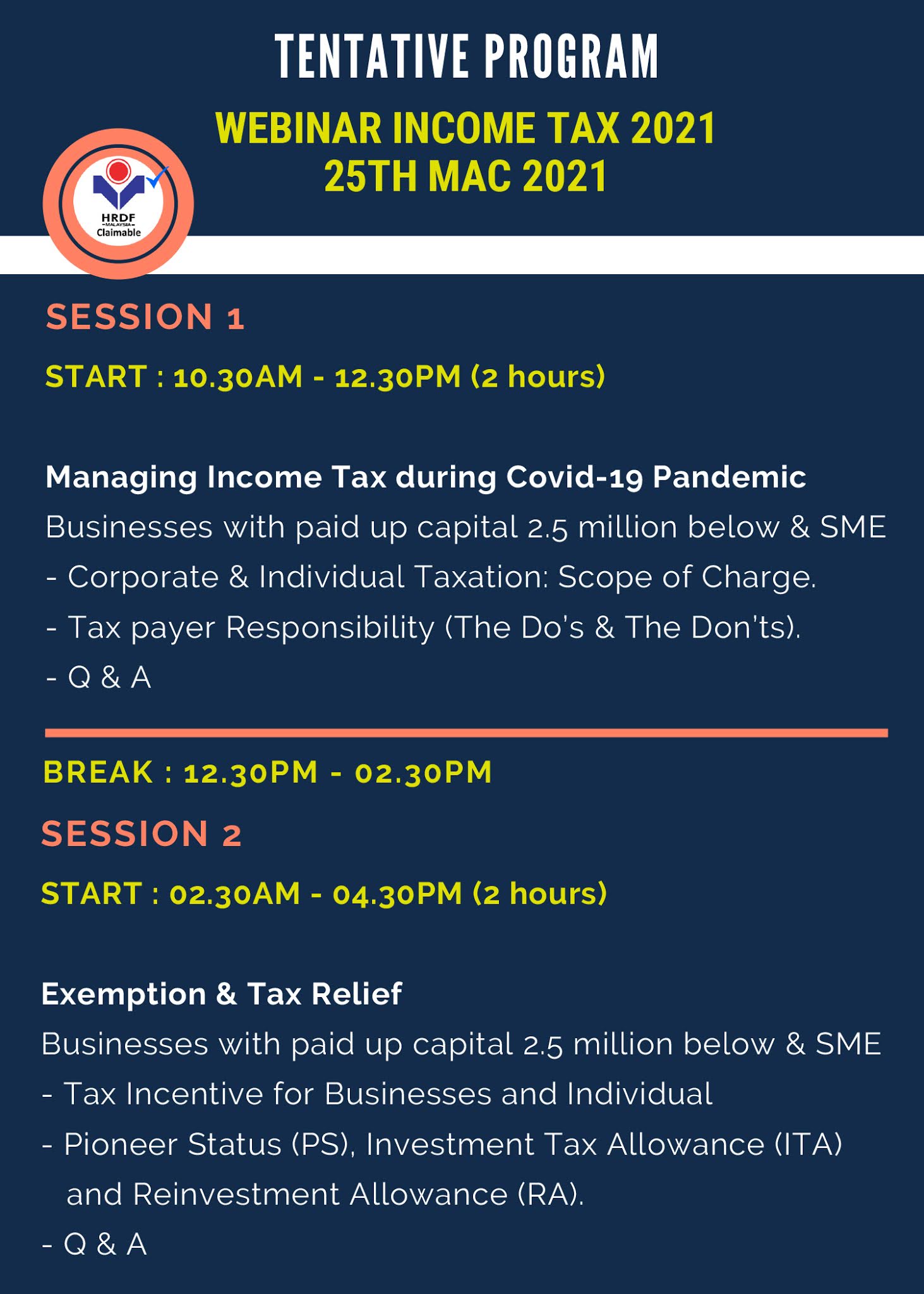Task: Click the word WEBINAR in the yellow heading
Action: tap(298, 128)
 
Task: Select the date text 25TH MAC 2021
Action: tap(465, 176)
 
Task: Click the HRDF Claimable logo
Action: tap(118, 203)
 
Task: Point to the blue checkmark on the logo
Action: tap(158, 177)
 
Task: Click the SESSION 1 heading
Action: tap(145, 317)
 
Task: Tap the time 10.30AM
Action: tap(237, 377)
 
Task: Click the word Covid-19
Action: tap(574, 477)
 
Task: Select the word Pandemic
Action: tap(729, 477)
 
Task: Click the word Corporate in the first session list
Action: tap(143, 577)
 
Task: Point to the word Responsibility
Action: tap(330, 627)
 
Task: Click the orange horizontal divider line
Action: tap(465, 733)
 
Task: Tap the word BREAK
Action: tap(98, 773)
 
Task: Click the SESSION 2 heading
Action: tap(141, 833)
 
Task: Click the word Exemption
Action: tap(123, 994)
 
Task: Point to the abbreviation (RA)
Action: tap(550, 1195)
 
